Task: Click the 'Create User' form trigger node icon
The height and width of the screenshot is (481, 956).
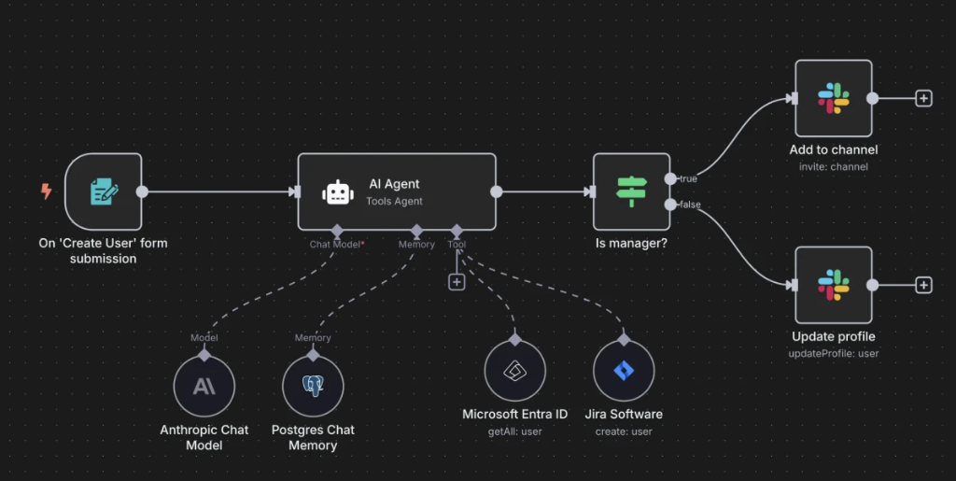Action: pyautogui.click(x=104, y=192)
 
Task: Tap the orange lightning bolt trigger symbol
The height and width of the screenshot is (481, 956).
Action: pyautogui.click(x=46, y=191)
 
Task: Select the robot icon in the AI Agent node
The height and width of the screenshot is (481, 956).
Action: pyautogui.click(x=337, y=192)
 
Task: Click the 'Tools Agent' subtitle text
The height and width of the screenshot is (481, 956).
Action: pyautogui.click(x=394, y=201)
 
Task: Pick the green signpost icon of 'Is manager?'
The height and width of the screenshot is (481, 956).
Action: pyautogui.click(x=631, y=191)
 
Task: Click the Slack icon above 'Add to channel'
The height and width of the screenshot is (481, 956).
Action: pyautogui.click(x=833, y=98)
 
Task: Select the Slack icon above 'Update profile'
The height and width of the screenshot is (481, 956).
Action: pyautogui.click(x=833, y=285)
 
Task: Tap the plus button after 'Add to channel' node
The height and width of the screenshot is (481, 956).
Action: pyautogui.click(x=923, y=98)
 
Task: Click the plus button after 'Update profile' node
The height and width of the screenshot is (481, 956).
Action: pyautogui.click(x=923, y=285)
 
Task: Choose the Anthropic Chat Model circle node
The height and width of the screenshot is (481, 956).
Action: pyautogui.click(x=204, y=387)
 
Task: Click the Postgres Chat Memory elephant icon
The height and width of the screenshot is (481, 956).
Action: pyautogui.click(x=313, y=387)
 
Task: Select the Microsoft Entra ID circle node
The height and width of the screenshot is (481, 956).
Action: pyautogui.click(x=514, y=371)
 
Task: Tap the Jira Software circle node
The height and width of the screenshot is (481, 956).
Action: pyautogui.click(x=624, y=371)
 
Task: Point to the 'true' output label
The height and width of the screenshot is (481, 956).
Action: pyautogui.click(x=688, y=178)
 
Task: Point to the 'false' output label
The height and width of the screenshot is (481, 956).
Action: pyautogui.click(x=690, y=205)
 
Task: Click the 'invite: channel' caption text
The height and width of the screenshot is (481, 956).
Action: pyautogui.click(x=833, y=167)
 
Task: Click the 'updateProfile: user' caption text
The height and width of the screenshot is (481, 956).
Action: pyautogui.click(x=833, y=353)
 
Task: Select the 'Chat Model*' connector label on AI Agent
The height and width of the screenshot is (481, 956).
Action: pyautogui.click(x=337, y=245)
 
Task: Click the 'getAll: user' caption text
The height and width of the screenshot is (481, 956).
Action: pyautogui.click(x=514, y=431)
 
